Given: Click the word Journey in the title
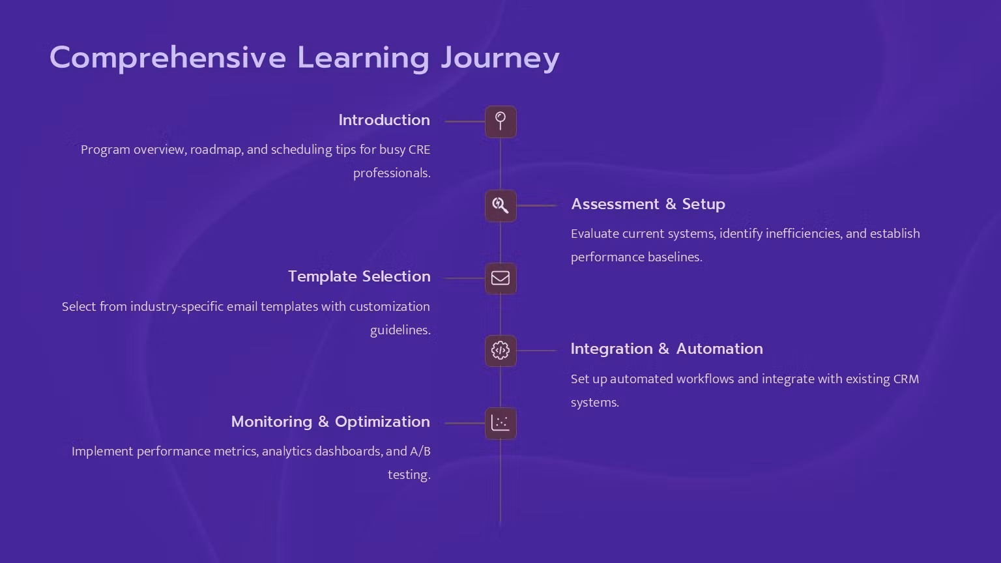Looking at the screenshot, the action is coord(500,58).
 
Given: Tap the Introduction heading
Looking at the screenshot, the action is coord(384,120).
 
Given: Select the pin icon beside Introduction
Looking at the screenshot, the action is coord(500,122).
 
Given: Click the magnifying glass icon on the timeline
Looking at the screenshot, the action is coord(500,206).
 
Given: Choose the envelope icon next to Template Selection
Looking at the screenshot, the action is coord(500,278).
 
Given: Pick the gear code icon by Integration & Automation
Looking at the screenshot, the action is coord(500,351).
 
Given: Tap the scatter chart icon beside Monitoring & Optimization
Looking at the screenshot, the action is coord(500,423).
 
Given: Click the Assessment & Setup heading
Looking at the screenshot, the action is coord(648,204).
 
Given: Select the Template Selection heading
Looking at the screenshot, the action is coord(359,276).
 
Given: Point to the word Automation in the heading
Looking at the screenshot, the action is coord(719,349).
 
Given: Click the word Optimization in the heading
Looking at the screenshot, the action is coord(383,422).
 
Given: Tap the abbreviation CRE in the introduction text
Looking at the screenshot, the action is coord(419,150).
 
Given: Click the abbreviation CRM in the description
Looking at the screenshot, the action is coord(906,379).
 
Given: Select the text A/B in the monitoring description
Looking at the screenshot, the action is coord(420,452).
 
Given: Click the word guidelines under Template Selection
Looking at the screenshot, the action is coord(400,330).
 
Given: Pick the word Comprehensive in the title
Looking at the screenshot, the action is coord(167,58).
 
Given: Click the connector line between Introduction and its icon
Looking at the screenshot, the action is coord(465,122).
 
